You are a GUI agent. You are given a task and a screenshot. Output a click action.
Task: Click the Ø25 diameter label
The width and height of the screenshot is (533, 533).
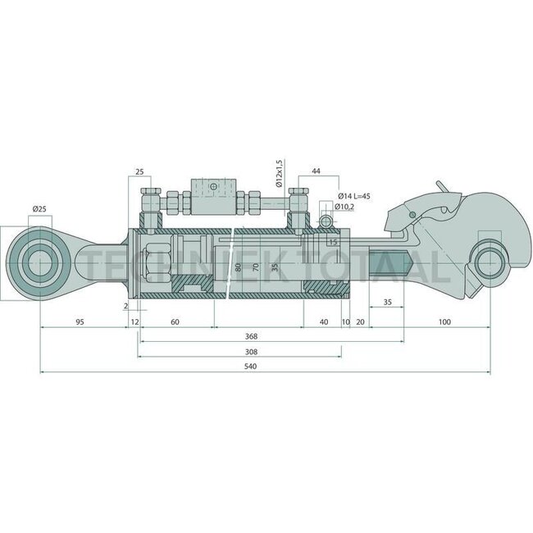(39, 210)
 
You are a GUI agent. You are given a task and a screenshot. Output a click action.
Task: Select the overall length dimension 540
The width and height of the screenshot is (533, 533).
(240, 366)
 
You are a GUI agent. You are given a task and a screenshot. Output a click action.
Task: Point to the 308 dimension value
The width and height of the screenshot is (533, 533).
(241, 350)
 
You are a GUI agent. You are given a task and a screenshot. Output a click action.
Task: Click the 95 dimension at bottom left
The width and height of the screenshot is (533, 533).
(80, 321)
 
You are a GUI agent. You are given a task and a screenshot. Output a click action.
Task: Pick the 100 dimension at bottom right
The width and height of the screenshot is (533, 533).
(444, 321)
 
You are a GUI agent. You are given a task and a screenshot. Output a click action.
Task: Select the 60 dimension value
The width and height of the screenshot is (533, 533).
(175, 321)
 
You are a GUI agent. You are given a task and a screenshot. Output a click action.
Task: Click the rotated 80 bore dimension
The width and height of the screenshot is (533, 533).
(238, 267)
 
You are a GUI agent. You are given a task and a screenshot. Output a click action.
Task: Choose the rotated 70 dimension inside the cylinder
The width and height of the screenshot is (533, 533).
(256, 267)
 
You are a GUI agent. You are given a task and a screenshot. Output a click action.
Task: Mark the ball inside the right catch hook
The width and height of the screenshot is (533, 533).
(490, 264)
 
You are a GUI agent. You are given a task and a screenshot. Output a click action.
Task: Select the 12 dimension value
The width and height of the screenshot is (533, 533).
(134, 321)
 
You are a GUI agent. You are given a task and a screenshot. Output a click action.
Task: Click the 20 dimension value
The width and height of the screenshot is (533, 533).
(360, 321)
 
